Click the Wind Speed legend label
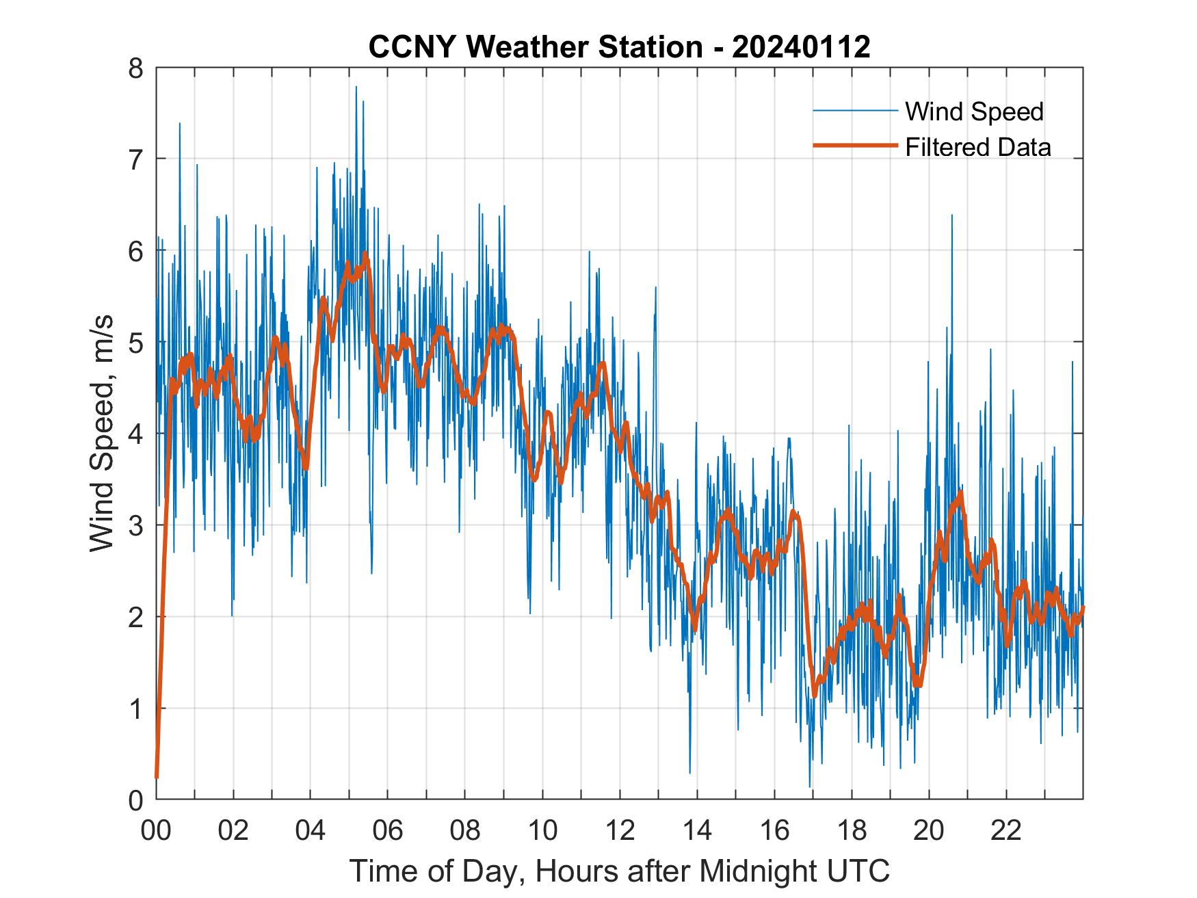point(974,111)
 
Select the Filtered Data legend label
point(977,147)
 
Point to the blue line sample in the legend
point(854,111)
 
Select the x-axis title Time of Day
point(619,871)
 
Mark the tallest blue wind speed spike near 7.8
point(356,88)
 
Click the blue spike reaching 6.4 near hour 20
point(951,216)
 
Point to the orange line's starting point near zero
point(157,777)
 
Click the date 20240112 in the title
point(801,47)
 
